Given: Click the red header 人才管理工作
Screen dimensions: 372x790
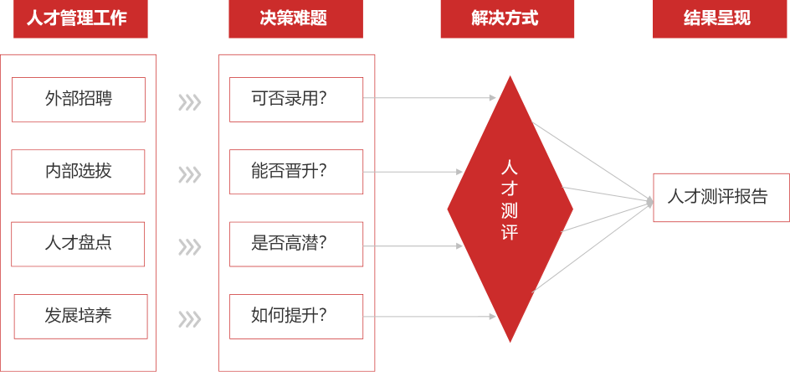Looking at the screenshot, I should (x=80, y=19).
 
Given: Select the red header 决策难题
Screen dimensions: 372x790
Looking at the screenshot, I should (x=295, y=19).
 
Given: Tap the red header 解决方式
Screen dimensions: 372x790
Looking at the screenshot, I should (x=507, y=19).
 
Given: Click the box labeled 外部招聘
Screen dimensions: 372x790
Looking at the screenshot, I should (x=79, y=100).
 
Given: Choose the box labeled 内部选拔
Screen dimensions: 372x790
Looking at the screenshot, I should (x=79, y=172).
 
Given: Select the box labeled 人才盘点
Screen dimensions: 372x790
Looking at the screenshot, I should (x=79, y=244).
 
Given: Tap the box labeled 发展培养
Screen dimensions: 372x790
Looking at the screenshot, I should (x=80, y=317).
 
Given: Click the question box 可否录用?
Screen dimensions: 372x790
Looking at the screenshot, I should (x=296, y=100).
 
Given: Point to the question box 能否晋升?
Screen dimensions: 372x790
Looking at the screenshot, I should (x=296, y=172).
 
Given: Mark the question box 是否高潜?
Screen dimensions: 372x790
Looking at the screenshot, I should (x=296, y=244).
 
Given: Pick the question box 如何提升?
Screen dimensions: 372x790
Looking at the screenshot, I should (x=296, y=317).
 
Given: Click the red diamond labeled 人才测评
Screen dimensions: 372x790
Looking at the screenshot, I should (x=510, y=209).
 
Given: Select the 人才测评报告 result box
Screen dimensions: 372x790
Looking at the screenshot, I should (x=721, y=198).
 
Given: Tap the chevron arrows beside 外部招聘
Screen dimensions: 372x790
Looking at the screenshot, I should (x=190, y=102).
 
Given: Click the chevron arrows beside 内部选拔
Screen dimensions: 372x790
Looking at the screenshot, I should (x=190, y=174).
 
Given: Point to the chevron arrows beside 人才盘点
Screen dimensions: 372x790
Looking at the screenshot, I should (x=190, y=247).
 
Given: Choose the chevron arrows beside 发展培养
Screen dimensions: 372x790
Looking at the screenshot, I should (x=190, y=319).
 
